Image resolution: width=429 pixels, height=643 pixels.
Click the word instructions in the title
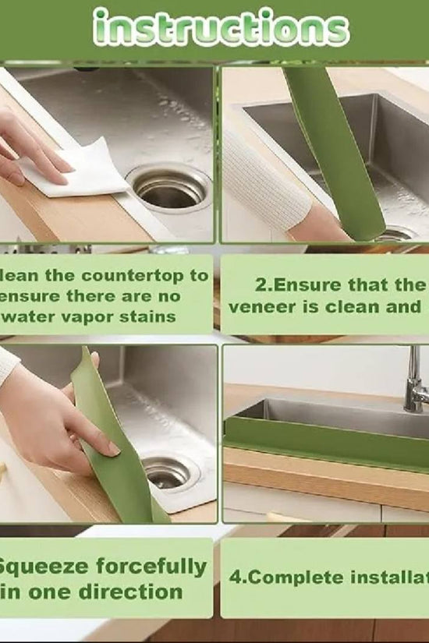220,29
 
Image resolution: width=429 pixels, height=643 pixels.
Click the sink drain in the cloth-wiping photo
168,189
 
